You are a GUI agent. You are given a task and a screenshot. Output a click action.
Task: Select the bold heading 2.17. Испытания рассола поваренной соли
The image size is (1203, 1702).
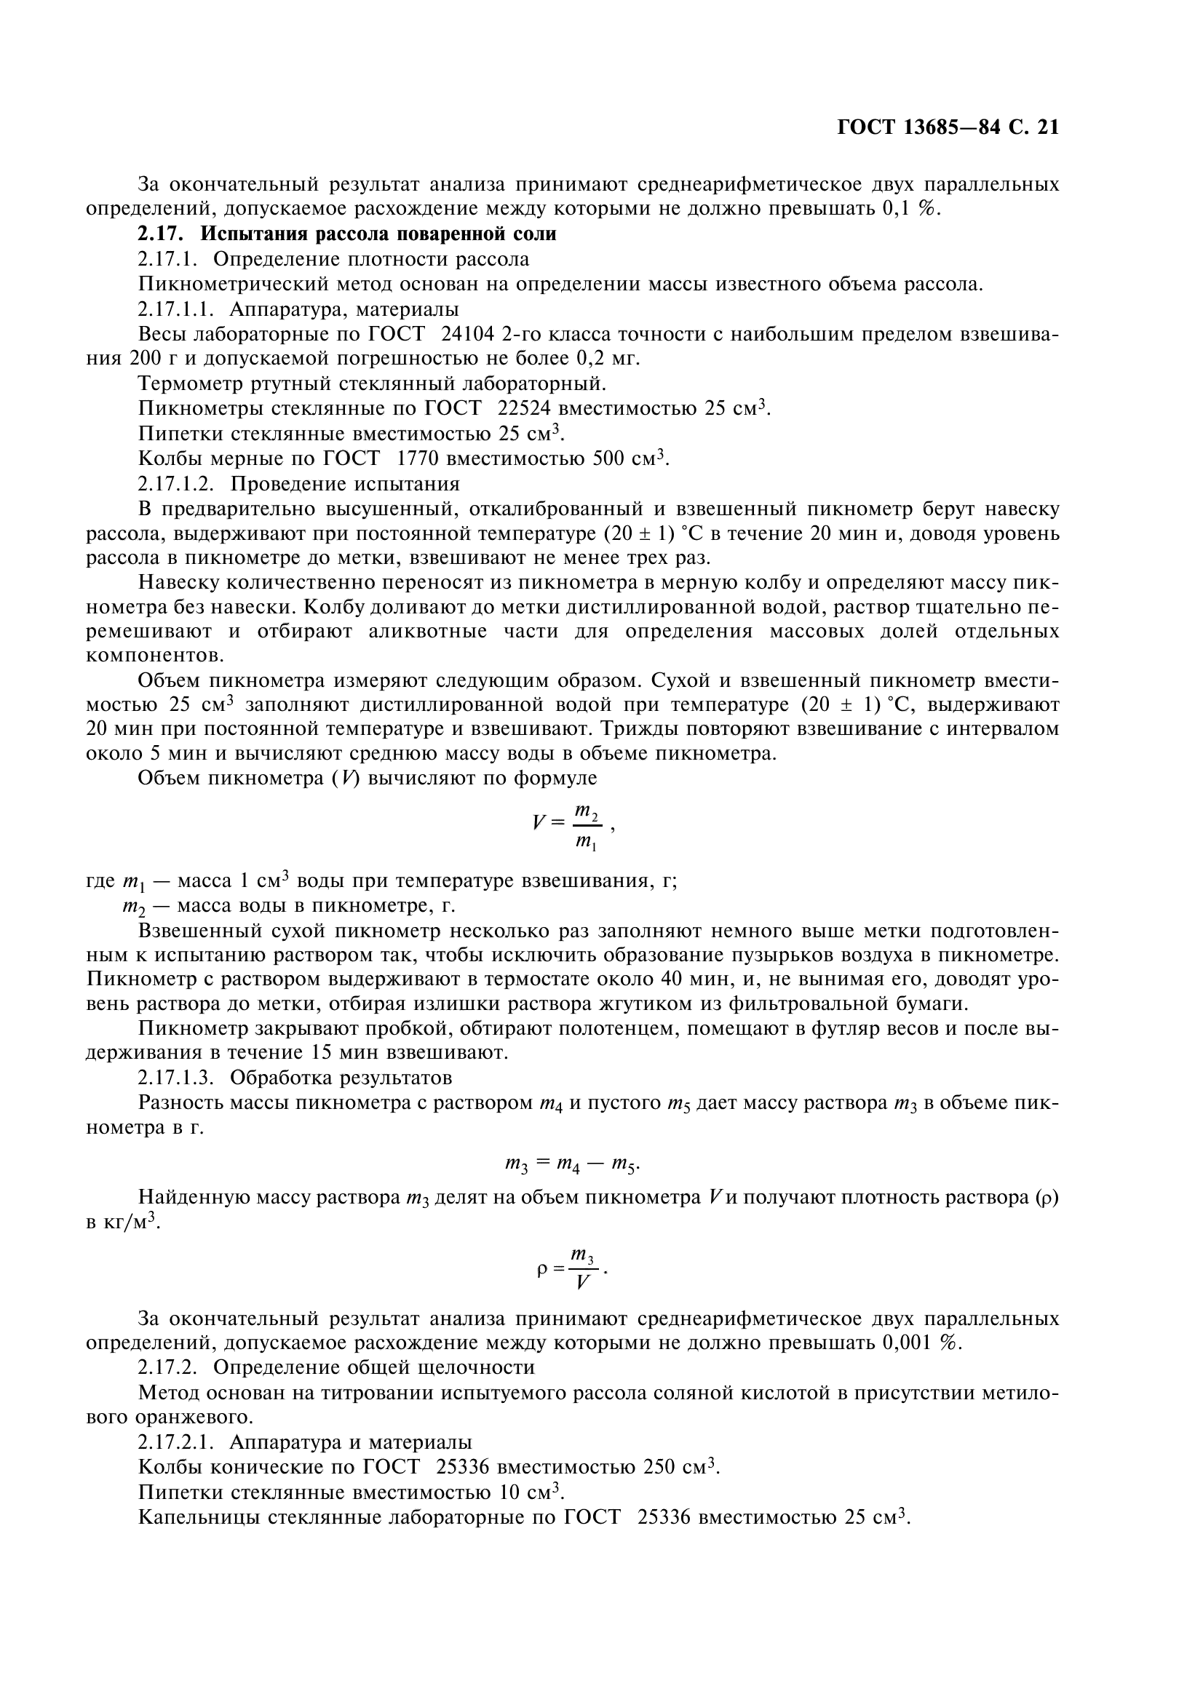[347, 234]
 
